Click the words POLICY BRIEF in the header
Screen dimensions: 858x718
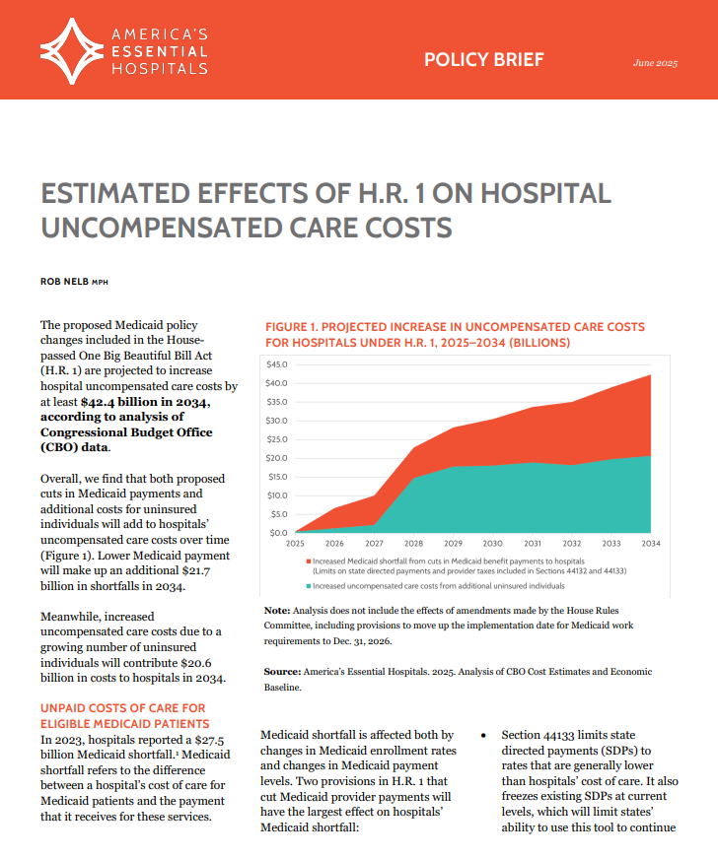click(x=483, y=59)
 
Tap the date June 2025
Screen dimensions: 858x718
click(x=655, y=63)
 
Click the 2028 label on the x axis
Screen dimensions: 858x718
click(x=413, y=544)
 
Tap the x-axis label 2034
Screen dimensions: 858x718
click(x=651, y=544)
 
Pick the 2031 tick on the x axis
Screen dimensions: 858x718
click(x=532, y=544)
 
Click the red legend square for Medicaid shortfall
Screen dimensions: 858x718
click(x=308, y=561)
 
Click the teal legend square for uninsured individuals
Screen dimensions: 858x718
click(x=308, y=585)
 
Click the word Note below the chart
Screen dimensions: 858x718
click(x=277, y=611)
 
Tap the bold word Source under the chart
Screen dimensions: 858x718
click(x=283, y=671)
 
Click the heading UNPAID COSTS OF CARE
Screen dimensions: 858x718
click(x=121, y=708)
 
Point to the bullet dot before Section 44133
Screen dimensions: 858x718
click(x=483, y=736)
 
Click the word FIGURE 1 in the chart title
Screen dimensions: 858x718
click(x=296, y=326)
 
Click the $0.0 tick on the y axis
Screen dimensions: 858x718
click(x=277, y=533)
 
